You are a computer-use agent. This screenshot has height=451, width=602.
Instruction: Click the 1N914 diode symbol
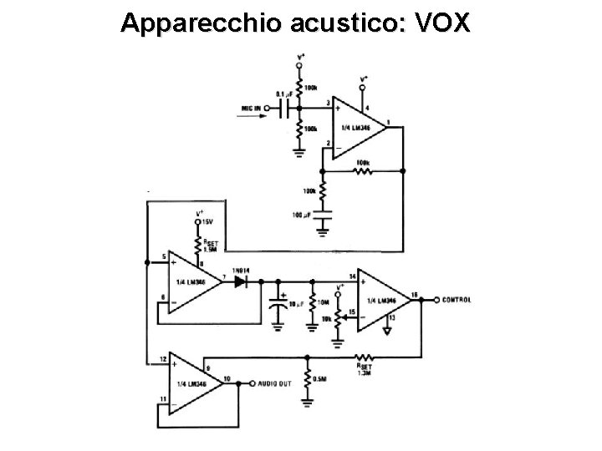coord(242,281)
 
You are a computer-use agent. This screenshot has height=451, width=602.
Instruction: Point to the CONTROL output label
coord(456,299)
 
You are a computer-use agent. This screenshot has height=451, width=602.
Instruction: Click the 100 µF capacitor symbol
coord(322,216)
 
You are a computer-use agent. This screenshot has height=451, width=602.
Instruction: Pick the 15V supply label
coord(208,220)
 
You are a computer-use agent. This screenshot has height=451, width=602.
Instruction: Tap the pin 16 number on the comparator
coord(415,294)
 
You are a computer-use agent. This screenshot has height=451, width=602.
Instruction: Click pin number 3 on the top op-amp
coord(328,102)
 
